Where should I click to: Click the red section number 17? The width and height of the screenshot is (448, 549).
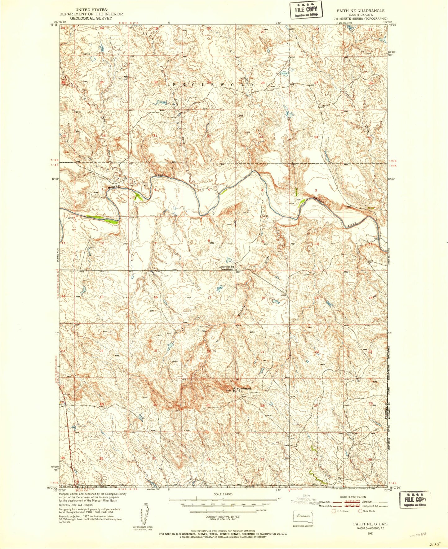click(209, 298)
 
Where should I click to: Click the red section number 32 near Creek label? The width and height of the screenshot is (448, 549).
click(209, 136)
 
